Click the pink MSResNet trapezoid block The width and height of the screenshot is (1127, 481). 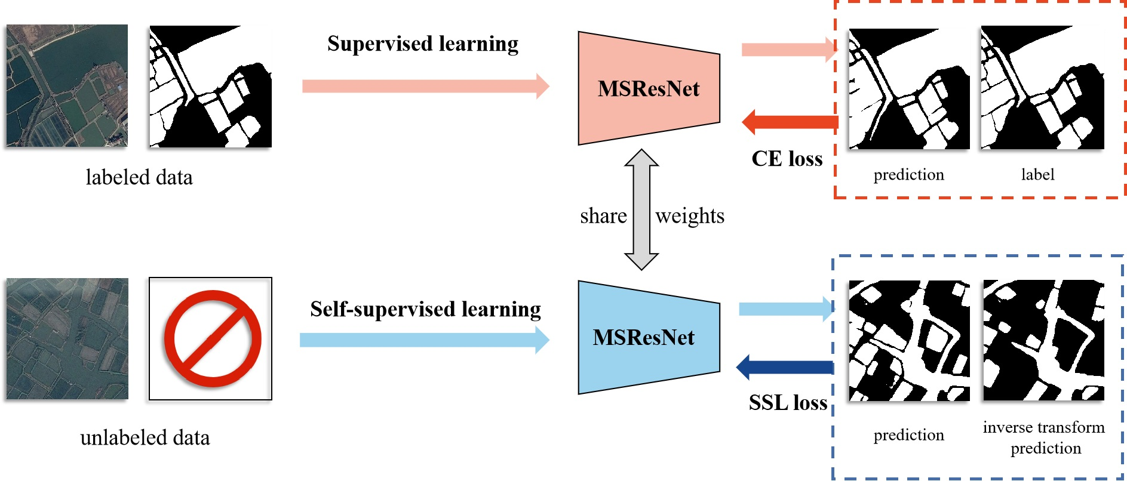pos(649,88)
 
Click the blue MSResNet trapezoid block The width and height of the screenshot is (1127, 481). pos(649,338)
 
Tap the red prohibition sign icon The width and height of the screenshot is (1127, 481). pos(213,338)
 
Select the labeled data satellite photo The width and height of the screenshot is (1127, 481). pos(67,85)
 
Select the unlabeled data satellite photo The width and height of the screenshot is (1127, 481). pos(67,338)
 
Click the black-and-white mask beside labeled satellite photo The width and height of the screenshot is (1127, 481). pos(210,87)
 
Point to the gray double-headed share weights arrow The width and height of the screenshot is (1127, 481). pos(641,209)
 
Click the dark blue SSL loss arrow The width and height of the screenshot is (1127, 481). pos(785,367)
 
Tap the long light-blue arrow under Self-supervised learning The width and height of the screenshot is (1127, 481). pos(424,340)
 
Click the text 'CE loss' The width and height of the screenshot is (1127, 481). pos(787,159)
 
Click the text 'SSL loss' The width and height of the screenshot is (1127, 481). pos(788,403)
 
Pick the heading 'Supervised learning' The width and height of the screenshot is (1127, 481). pos(423,44)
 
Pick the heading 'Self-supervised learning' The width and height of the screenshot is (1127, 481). pos(425,309)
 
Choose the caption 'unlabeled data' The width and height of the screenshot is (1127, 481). pos(145,437)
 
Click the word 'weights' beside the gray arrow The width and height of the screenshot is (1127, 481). pos(690,215)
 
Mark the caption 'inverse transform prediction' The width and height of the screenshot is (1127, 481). pos(1044,437)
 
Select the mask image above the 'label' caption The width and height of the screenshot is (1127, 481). pos(1042,88)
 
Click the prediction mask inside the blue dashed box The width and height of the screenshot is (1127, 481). pos(909,341)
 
